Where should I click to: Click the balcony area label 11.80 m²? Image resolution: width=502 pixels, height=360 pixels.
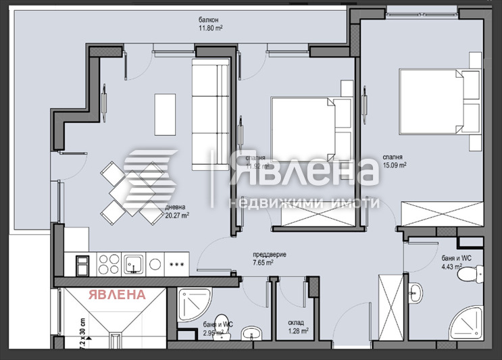tap(211, 29)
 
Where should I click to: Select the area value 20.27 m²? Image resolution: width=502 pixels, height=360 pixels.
tap(176, 216)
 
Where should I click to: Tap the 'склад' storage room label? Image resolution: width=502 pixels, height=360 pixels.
tap(296, 323)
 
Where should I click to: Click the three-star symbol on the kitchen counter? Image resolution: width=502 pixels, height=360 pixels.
tap(178, 263)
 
